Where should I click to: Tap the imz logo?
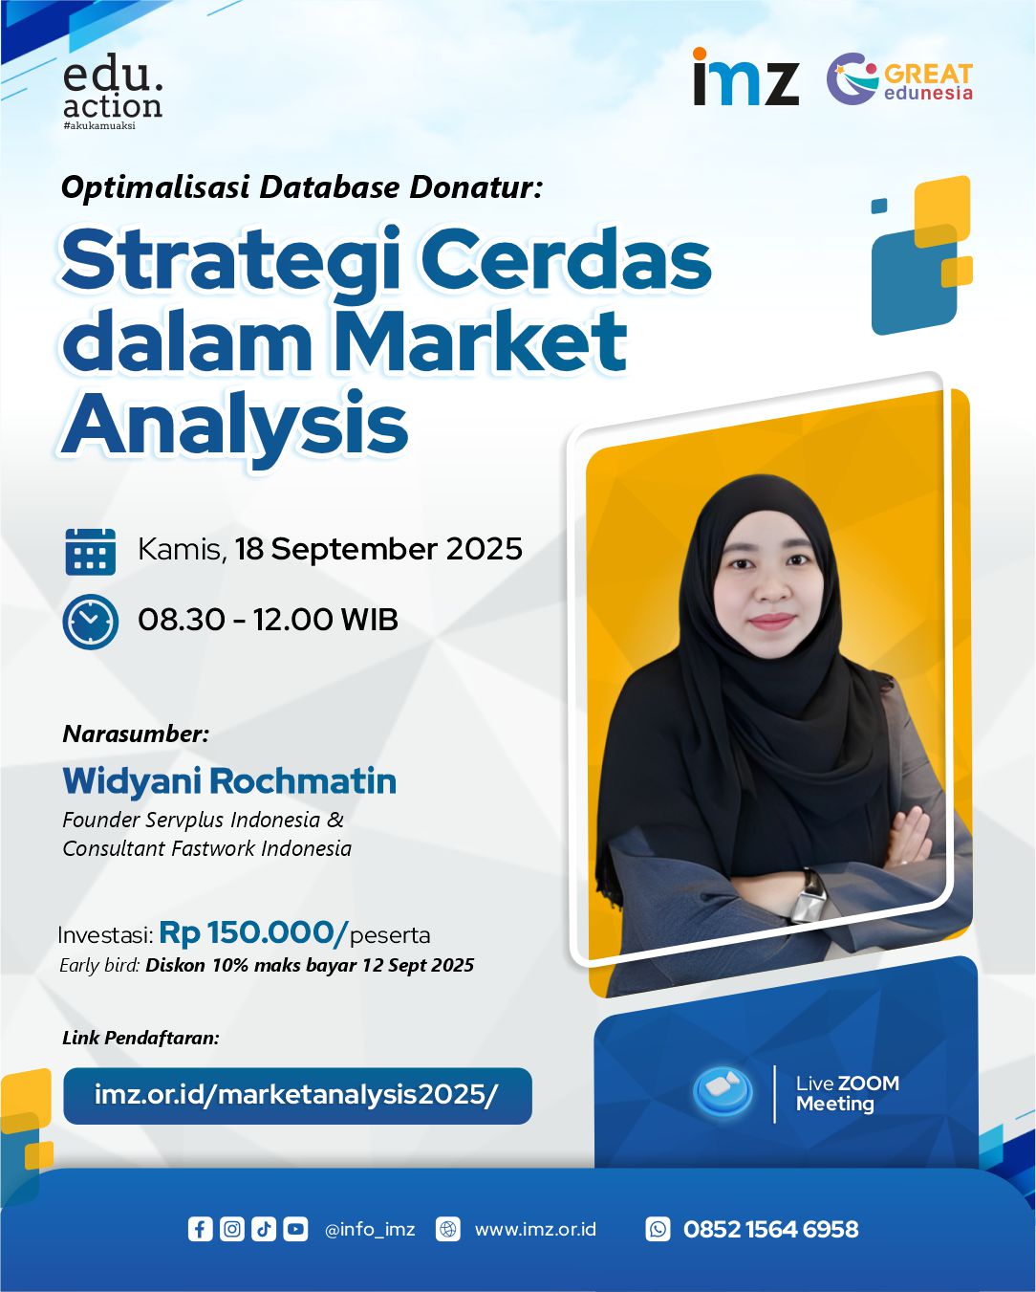(x=745, y=77)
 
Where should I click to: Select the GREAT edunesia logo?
(x=899, y=78)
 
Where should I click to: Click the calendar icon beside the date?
(x=90, y=552)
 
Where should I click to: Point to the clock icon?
(x=90, y=622)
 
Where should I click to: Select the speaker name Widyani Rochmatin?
(x=229, y=781)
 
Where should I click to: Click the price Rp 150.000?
(x=253, y=933)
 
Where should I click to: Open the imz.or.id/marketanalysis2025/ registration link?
(x=297, y=1096)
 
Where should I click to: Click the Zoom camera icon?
(x=723, y=1091)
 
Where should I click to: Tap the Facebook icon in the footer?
(x=200, y=1229)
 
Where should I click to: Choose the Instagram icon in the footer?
(x=231, y=1229)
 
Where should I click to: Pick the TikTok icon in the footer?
(x=264, y=1229)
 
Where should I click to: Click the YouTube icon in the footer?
(x=295, y=1229)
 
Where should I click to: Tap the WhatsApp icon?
(x=658, y=1229)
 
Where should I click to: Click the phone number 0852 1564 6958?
(x=770, y=1230)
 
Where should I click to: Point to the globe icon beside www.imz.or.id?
(x=448, y=1229)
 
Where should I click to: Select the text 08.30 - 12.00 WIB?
(x=268, y=620)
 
